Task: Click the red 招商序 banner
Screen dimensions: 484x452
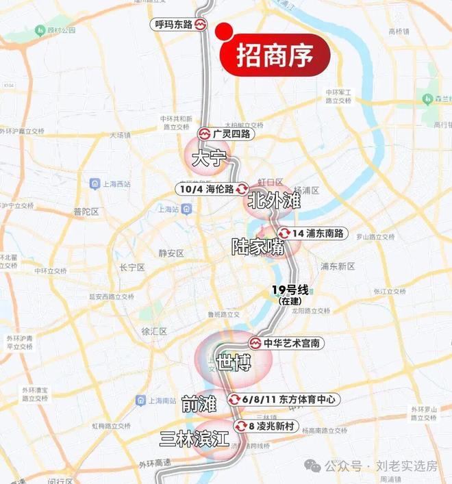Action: point(275,55)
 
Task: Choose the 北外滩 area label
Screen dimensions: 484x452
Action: point(274,201)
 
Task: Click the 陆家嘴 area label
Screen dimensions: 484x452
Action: point(258,247)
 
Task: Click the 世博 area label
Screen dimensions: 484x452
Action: point(232,363)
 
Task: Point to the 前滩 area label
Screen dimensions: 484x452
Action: point(199,405)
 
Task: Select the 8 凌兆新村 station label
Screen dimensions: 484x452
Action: point(271,426)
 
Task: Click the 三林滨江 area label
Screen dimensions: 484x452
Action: point(194,439)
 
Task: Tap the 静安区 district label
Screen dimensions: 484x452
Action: point(171,253)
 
